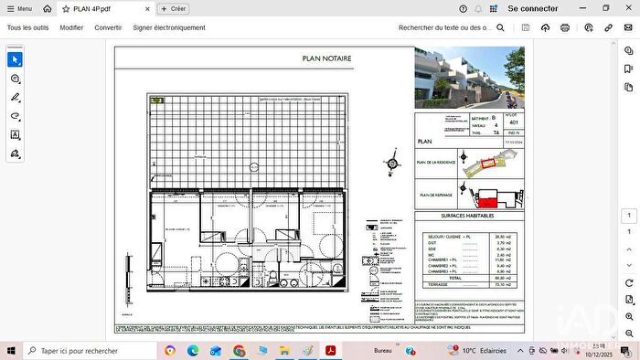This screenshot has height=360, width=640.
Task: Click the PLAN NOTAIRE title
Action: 326,58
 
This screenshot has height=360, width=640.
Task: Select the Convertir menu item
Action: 108,27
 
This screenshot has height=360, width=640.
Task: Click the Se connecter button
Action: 532,8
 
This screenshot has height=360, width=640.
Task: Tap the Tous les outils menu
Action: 27,27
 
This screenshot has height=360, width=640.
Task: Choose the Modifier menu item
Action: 71,27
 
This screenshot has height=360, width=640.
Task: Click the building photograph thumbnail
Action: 469,78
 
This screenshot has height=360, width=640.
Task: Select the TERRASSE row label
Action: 436,284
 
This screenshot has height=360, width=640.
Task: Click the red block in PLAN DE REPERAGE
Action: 490,199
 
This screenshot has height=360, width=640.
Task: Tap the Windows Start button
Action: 10,351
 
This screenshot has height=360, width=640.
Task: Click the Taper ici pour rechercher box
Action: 87,351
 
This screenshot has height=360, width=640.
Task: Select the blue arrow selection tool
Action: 15,59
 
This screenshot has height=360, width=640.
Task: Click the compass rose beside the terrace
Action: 392,164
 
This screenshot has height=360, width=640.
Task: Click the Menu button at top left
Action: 18,8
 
